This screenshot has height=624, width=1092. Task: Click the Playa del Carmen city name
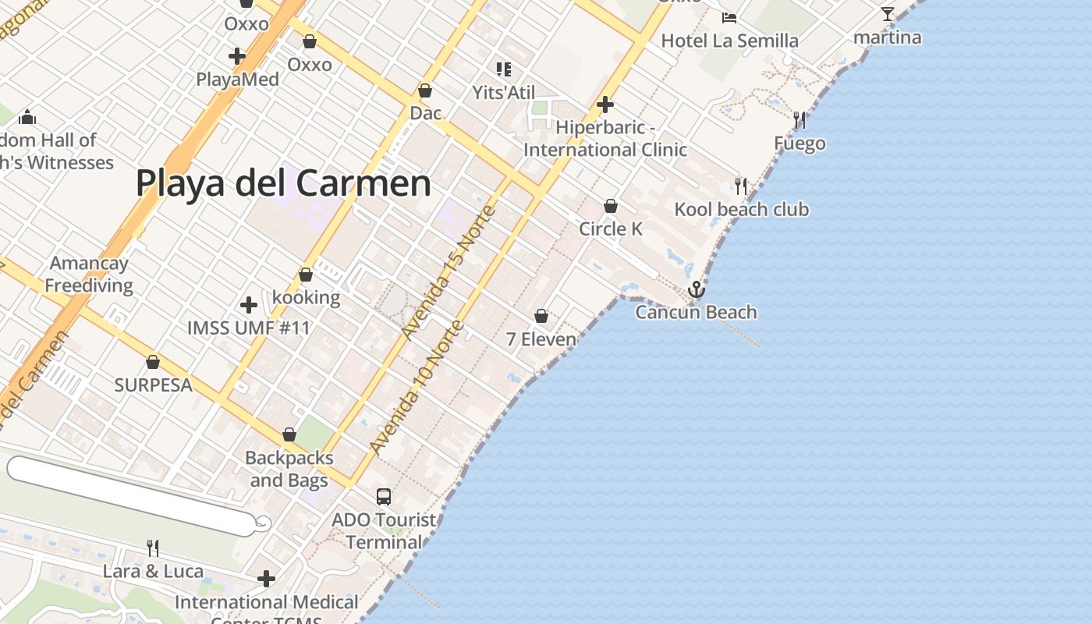(283, 183)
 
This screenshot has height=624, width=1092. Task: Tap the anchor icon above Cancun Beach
(696, 290)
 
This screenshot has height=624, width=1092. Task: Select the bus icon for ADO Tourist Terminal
(384, 496)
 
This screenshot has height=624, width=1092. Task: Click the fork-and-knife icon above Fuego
(799, 120)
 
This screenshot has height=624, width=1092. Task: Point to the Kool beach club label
(741, 209)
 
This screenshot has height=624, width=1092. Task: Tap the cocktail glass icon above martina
(888, 14)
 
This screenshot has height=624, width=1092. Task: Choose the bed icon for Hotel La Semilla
(729, 18)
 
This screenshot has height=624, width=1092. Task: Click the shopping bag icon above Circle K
(611, 206)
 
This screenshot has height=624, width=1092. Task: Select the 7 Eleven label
(541, 339)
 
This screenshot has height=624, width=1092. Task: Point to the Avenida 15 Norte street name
(448, 272)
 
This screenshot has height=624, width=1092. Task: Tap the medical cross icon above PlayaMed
(237, 56)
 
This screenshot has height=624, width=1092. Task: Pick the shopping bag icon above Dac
(425, 90)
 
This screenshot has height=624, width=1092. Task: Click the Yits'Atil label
(504, 92)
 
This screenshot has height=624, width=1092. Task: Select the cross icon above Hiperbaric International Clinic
(605, 104)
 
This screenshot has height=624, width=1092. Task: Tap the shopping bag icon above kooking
(306, 275)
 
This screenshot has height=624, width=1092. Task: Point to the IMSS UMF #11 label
(249, 328)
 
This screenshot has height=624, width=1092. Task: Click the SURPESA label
(153, 385)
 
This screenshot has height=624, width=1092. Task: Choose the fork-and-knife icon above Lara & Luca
(153, 548)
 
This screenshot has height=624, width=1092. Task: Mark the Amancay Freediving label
(89, 274)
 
